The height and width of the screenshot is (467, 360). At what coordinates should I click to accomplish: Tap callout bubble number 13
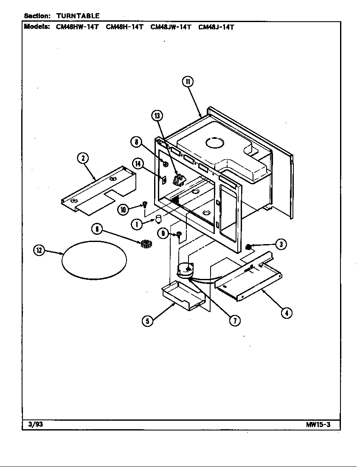(157, 116)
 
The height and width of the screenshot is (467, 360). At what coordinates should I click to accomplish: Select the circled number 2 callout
(83, 158)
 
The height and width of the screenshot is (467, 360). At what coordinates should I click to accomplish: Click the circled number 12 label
(39, 250)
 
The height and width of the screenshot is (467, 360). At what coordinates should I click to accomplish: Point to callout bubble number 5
(147, 321)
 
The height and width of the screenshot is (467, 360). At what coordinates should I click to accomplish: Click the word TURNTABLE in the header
(78, 16)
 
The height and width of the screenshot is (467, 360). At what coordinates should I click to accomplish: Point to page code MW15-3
(318, 425)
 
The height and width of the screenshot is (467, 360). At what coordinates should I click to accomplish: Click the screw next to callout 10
(145, 204)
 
